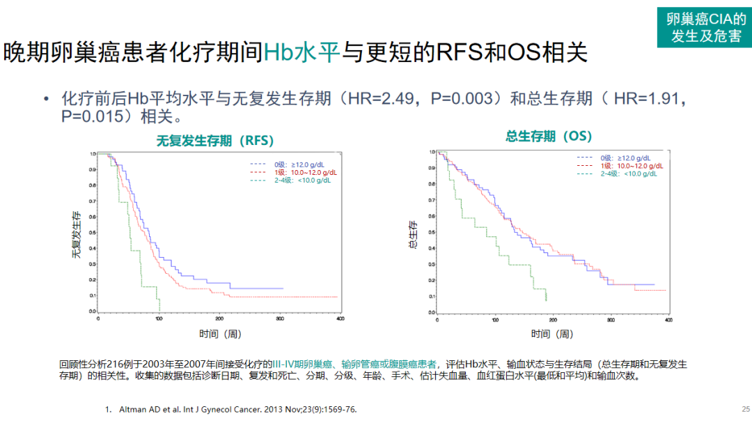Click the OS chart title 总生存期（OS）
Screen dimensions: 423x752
tap(549, 137)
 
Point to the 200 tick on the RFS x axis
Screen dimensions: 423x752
tap(219, 318)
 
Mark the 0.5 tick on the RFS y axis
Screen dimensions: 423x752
tap(93, 232)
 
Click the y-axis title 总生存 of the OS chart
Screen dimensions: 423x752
tap(413, 235)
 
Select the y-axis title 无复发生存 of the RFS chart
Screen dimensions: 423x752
tap(76, 234)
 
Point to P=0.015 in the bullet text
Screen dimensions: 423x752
tap(91, 116)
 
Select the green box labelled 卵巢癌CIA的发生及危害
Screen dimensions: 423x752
tap(704, 28)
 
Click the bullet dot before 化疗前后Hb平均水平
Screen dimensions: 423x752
tap(47, 100)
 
